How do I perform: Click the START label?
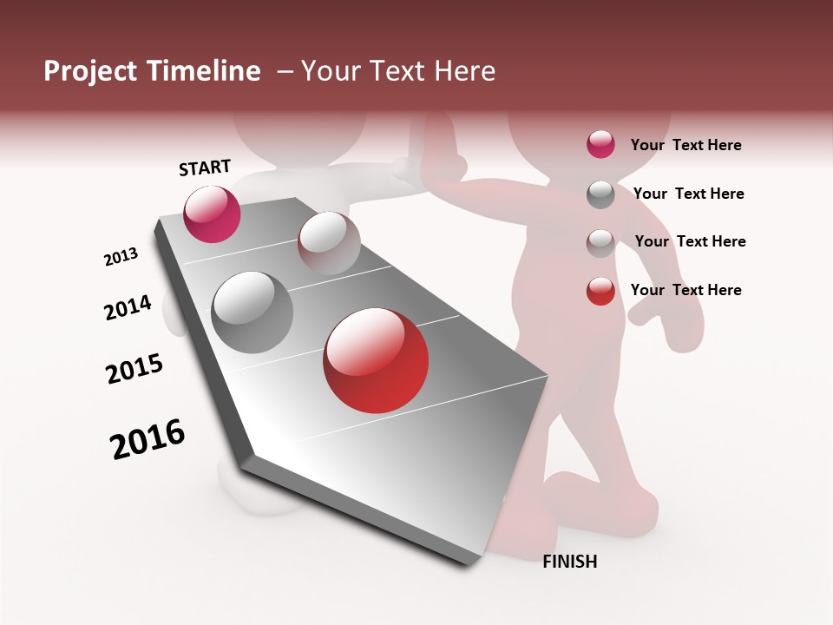[x=205, y=168]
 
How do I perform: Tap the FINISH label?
[x=570, y=562]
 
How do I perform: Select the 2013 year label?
[x=121, y=257]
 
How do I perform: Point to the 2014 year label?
[x=128, y=307]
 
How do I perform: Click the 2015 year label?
[x=134, y=369]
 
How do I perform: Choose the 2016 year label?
[x=148, y=439]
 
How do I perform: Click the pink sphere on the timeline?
[x=212, y=214]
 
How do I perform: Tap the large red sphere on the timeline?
[x=376, y=360]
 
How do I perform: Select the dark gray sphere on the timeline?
[x=253, y=312]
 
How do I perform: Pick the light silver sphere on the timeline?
[x=329, y=242]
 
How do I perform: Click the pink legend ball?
[x=600, y=145]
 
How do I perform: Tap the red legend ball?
[x=600, y=291]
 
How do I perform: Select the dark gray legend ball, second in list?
[x=600, y=194]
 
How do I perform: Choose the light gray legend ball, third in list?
[x=600, y=243]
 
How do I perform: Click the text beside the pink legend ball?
[x=685, y=146]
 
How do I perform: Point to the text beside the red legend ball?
[x=685, y=290]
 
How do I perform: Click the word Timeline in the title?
[x=205, y=71]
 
